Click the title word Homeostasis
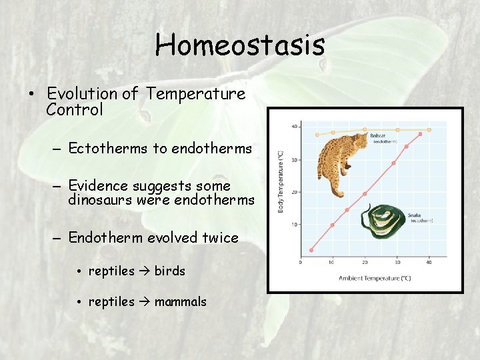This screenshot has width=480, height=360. click(240, 45)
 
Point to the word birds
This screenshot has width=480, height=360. click(169, 271)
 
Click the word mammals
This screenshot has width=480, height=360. click(180, 302)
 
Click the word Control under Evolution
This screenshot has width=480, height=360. click(75, 110)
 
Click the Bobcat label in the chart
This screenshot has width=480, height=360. click(377, 136)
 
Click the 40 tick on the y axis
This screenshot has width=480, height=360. click(294, 127)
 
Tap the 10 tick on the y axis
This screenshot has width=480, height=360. click(294, 225)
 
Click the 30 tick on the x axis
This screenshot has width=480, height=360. click(397, 262)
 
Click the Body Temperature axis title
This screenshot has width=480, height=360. click(280, 181)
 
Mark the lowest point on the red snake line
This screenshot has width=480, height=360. click(311, 250)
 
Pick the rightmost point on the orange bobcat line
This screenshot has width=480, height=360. click(429, 129)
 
